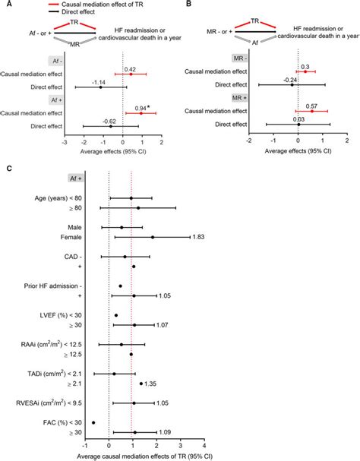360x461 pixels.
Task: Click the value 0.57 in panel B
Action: point(311,107)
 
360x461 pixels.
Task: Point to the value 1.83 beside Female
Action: point(200,238)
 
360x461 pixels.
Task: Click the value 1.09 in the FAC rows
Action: point(166,433)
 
